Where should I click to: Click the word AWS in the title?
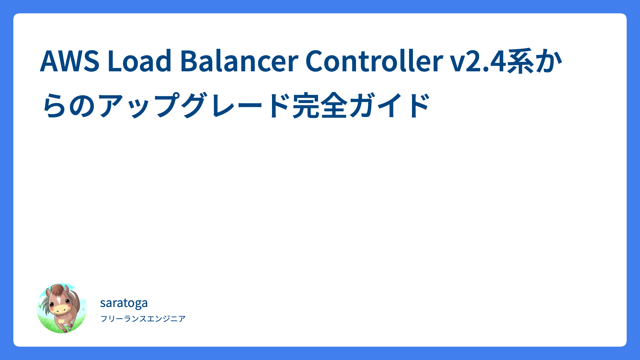coord(70,61)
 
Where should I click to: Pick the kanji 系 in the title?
coord(521,61)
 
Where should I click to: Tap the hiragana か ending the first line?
coord(549,61)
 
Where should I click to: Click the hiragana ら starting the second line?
coord(55,105)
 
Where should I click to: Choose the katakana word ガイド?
coord(390,105)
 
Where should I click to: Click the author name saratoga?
coord(124,303)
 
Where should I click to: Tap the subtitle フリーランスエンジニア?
coord(143,319)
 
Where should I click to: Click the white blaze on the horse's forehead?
coord(58,299)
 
